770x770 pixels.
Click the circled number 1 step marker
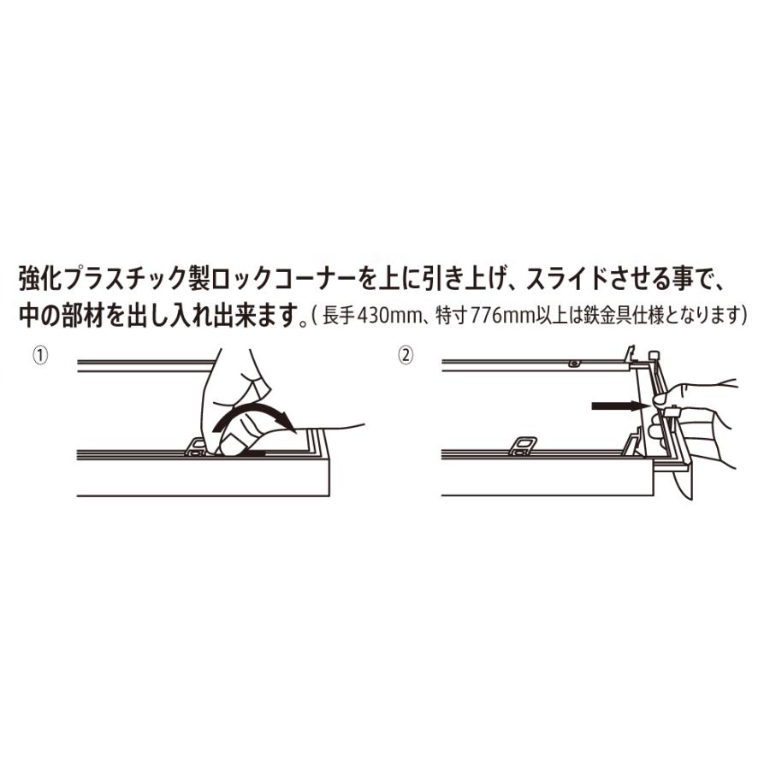point(40,355)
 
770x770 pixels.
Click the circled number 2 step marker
point(406,355)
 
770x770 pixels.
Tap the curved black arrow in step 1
point(254,417)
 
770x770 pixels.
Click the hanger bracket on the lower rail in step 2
point(523,446)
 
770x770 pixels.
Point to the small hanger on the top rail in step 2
point(573,364)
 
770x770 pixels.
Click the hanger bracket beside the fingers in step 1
point(197,447)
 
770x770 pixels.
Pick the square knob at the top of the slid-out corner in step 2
point(654,356)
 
